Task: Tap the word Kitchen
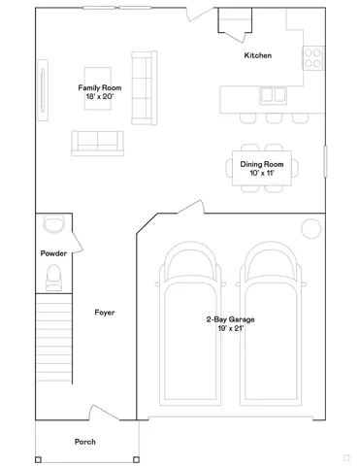pos(257,55)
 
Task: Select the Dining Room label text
pos(261,164)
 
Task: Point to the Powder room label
pos(53,253)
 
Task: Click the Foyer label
pos(105,312)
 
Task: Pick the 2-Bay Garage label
pos(231,319)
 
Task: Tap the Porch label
pos(85,442)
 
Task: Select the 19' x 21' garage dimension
pos(231,329)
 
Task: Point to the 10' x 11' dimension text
pos(261,174)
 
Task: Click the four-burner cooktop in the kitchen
pos(313,57)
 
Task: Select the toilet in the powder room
pos(53,279)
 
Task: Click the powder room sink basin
pos(53,225)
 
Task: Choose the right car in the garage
pos(271,330)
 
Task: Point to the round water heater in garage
pos(311,228)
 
